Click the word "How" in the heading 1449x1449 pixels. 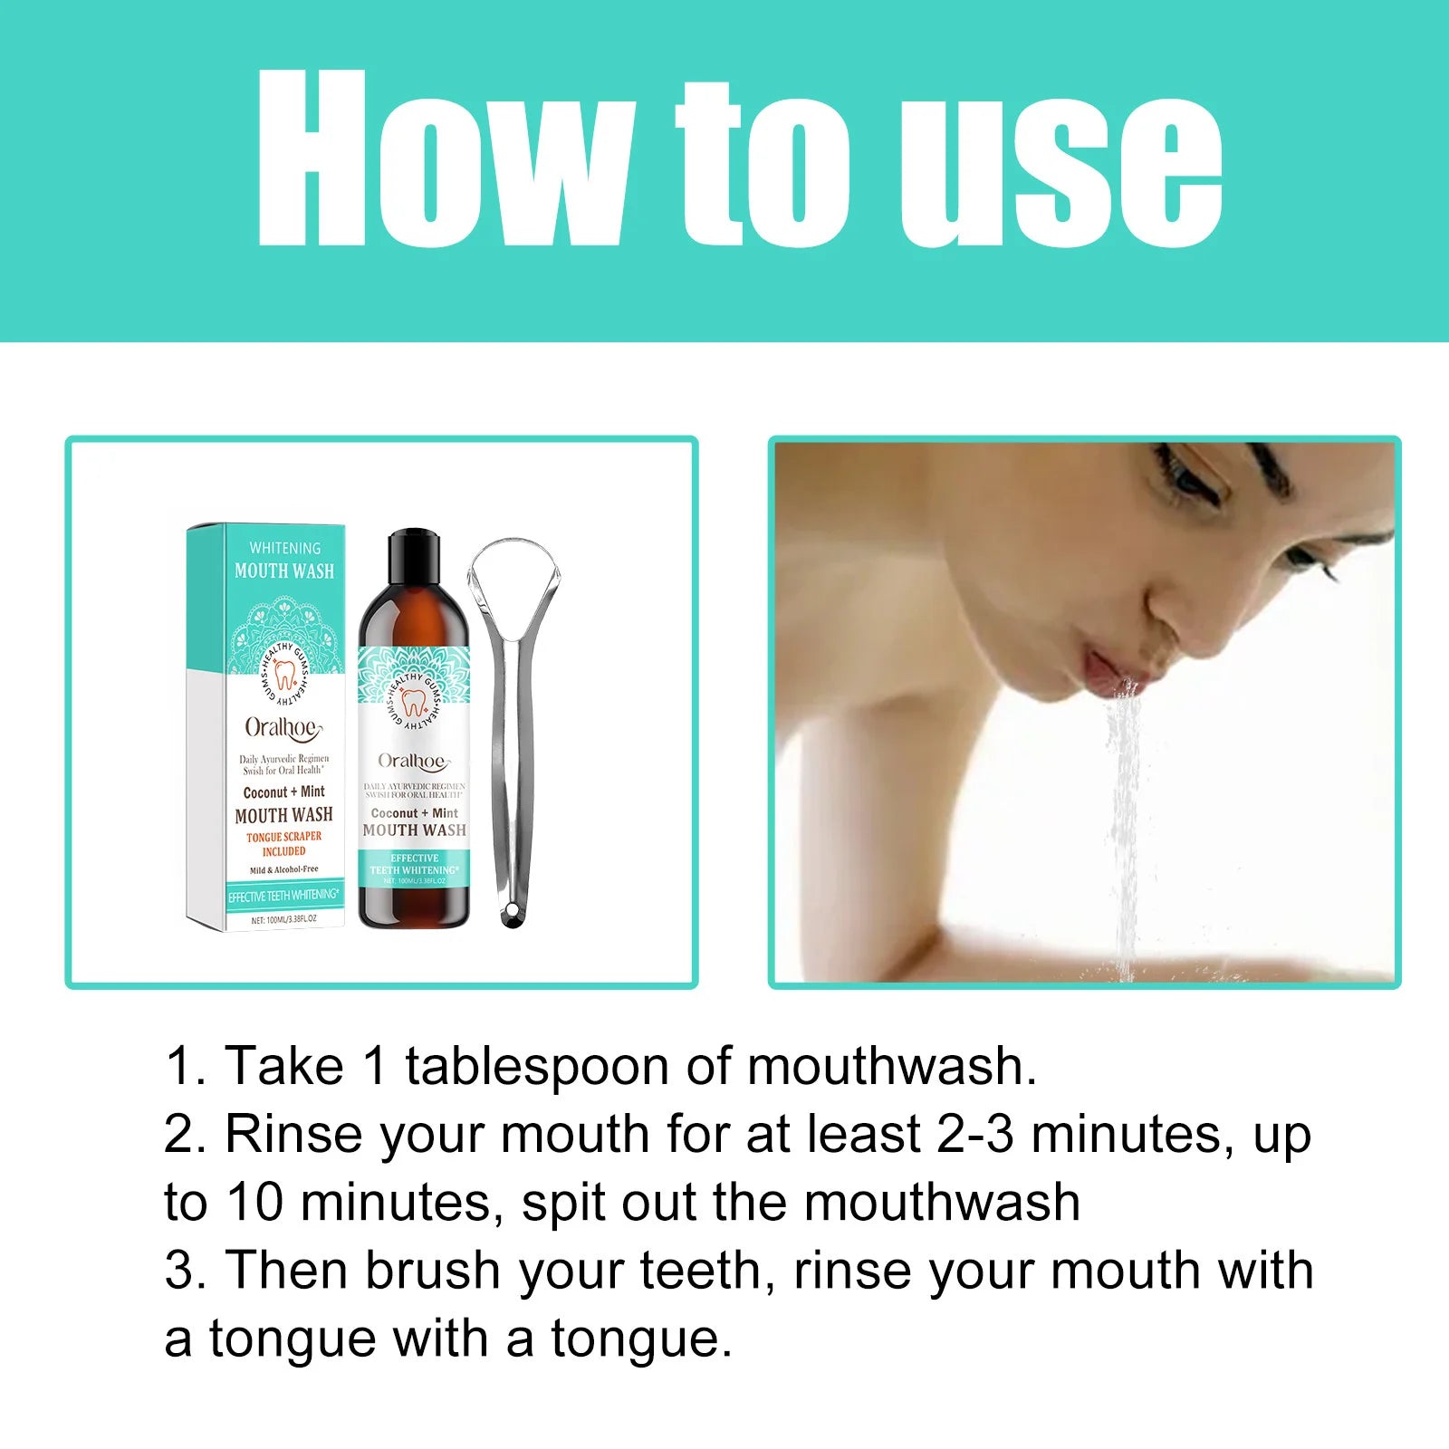point(444,158)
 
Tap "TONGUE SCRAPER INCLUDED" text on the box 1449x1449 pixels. point(283,844)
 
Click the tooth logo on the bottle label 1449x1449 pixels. point(414,702)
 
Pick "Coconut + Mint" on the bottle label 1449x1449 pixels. point(415,813)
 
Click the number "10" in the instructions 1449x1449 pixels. point(254,1202)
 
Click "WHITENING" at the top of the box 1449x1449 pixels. point(284,548)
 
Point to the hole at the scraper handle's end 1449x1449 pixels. point(513,916)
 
